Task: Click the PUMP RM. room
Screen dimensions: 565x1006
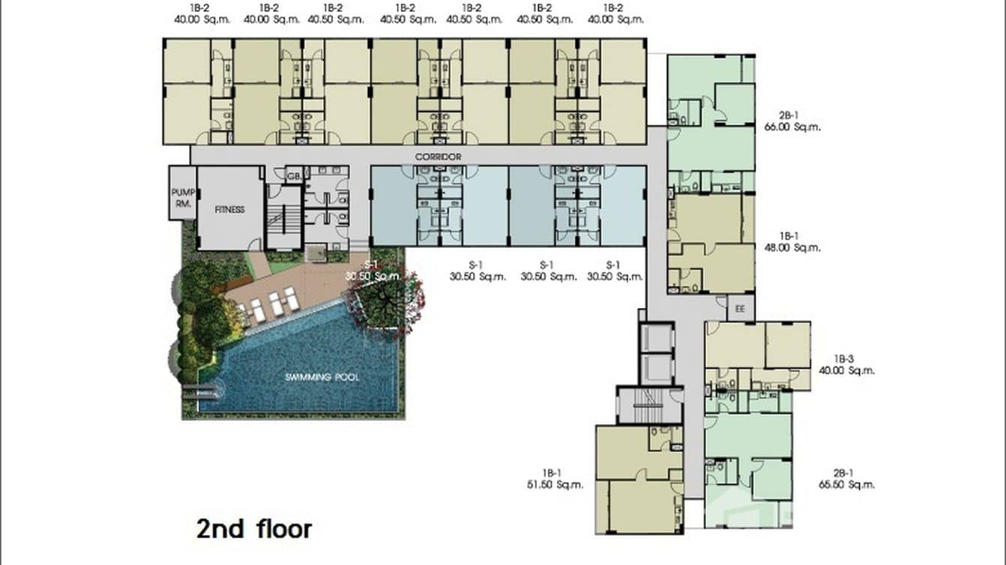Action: click(x=182, y=197)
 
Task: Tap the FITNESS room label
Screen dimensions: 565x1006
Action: click(x=229, y=210)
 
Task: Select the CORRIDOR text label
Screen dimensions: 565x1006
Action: click(x=439, y=157)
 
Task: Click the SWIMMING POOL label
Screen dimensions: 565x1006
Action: click(x=322, y=377)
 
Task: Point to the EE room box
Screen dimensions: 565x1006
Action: click(x=741, y=308)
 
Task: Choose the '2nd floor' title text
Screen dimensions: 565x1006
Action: click(x=253, y=528)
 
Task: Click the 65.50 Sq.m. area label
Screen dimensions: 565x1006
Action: click(x=846, y=484)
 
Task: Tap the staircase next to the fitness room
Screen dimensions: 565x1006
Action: click(x=283, y=218)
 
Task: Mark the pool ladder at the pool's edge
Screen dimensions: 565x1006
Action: click(x=203, y=390)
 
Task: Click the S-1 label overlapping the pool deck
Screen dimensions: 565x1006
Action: click(x=370, y=265)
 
